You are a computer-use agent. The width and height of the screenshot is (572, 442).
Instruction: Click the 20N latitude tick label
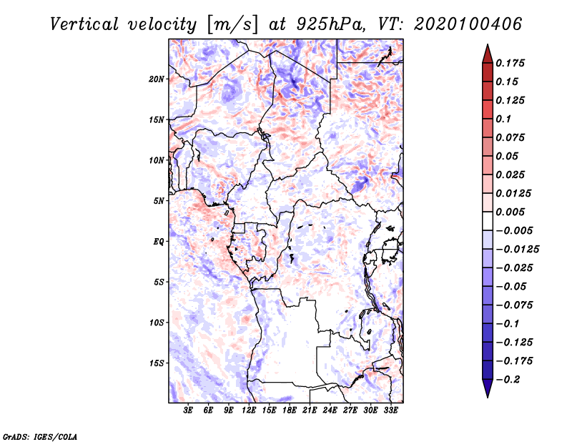tap(157, 79)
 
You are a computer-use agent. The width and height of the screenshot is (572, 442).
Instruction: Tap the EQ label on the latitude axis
tap(159, 242)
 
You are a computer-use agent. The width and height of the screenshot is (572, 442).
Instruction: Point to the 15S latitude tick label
tap(157, 363)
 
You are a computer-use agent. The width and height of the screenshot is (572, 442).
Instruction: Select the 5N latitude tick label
tap(159, 201)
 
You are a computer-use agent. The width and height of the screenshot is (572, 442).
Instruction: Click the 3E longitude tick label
tap(188, 411)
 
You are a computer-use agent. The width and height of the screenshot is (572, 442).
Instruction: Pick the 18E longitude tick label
tap(290, 411)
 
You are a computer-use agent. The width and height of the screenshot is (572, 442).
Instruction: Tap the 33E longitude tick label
tap(390, 411)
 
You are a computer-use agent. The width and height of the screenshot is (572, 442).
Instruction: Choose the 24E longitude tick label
tap(330, 411)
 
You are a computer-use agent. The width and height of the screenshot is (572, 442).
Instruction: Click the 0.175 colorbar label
tap(510, 63)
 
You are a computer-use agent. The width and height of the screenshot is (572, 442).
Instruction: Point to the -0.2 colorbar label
tap(508, 380)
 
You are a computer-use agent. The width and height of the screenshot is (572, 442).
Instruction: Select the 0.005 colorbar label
tap(510, 212)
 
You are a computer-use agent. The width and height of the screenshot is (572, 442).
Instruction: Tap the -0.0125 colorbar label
tap(517, 250)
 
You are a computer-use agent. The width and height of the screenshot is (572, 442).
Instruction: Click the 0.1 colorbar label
tap(503, 119)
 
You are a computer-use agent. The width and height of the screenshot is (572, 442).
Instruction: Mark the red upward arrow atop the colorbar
tap(488, 54)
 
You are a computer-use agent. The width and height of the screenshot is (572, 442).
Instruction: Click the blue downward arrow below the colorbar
tap(488, 388)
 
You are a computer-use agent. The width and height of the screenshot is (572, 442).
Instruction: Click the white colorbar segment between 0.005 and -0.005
tap(488, 221)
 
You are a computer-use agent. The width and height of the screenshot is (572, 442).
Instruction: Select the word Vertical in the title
tap(84, 24)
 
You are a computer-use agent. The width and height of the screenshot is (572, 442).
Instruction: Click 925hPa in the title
tap(331, 24)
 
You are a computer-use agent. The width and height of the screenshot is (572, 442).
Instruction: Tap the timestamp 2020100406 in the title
tap(468, 24)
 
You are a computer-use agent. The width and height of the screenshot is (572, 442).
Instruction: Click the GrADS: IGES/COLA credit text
tap(40, 437)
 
